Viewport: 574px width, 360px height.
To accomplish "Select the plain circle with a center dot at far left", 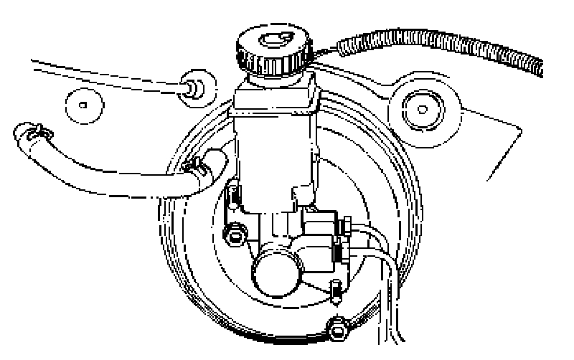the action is coord(85,105).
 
